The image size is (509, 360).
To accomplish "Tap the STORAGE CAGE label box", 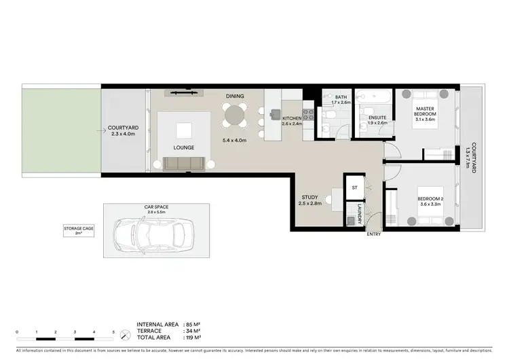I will (79, 231).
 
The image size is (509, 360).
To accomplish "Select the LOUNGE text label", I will (184, 147).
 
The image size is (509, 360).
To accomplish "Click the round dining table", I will (235, 115).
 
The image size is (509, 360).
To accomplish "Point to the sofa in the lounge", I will (183, 163).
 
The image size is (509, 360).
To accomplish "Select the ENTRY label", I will (373, 234).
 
